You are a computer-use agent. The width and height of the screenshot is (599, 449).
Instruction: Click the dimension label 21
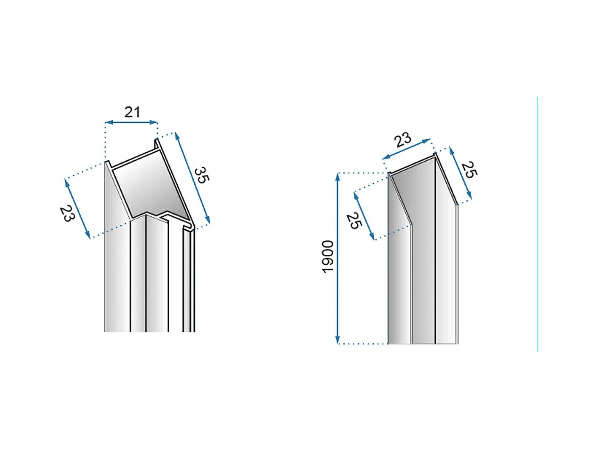(x=132, y=112)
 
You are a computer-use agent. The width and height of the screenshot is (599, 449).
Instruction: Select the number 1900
(x=328, y=257)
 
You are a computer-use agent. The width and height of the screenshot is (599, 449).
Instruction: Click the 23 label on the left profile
(x=67, y=214)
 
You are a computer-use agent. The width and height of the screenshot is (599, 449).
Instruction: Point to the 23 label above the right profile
(x=402, y=140)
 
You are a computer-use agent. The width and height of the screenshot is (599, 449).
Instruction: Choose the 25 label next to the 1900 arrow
(x=354, y=220)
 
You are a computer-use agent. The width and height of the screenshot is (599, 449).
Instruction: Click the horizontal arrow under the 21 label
(x=131, y=122)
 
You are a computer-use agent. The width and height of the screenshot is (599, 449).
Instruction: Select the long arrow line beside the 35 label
(x=192, y=178)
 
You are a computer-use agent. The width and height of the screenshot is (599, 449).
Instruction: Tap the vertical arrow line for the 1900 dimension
(x=337, y=258)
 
